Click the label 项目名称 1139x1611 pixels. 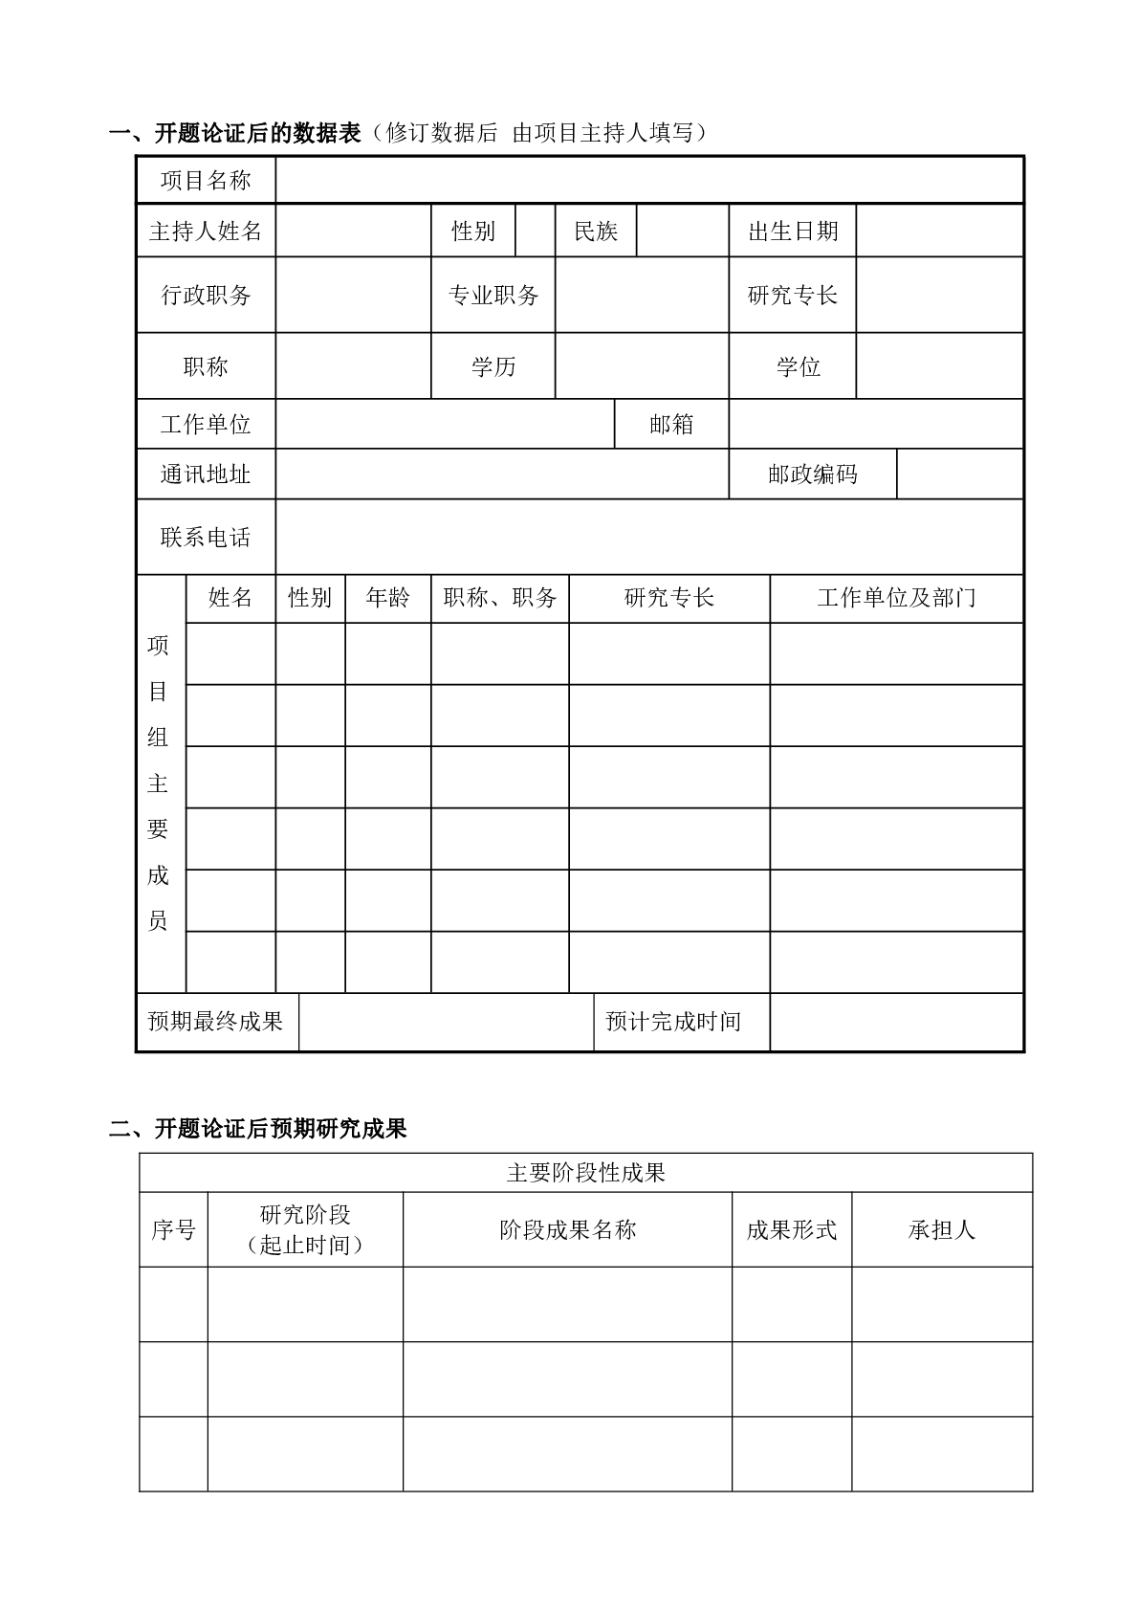click(206, 180)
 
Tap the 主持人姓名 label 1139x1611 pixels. click(206, 231)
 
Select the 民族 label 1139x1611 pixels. click(596, 231)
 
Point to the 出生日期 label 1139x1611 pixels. click(793, 231)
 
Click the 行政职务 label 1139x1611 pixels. click(206, 295)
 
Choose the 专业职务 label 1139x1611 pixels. click(493, 295)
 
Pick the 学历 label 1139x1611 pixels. click(493, 366)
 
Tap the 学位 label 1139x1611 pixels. click(799, 366)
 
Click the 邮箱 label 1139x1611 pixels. click(671, 424)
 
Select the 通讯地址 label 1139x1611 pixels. click(206, 474)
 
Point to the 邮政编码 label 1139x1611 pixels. click(813, 474)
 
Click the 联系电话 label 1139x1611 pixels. click(206, 537)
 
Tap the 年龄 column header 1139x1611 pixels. click(387, 598)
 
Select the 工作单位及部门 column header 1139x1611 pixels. click(896, 598)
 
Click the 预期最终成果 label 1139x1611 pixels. click(216, 1022)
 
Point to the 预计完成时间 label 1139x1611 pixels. click(673, 1022)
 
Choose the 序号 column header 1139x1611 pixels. click(173, 1229)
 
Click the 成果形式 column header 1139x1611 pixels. click(792, 1229)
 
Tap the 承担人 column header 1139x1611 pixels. click(942, 1229)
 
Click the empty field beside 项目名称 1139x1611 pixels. click(649, 180)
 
